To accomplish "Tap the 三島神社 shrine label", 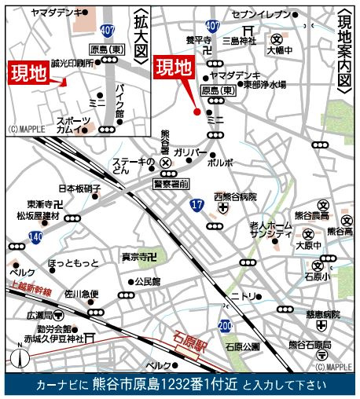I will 234,41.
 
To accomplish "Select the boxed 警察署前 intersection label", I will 171,183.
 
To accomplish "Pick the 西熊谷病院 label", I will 236,196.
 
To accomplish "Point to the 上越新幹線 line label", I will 31,290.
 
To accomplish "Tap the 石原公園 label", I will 242,346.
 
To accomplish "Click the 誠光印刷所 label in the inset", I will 72,62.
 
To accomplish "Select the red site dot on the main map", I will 197,112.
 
